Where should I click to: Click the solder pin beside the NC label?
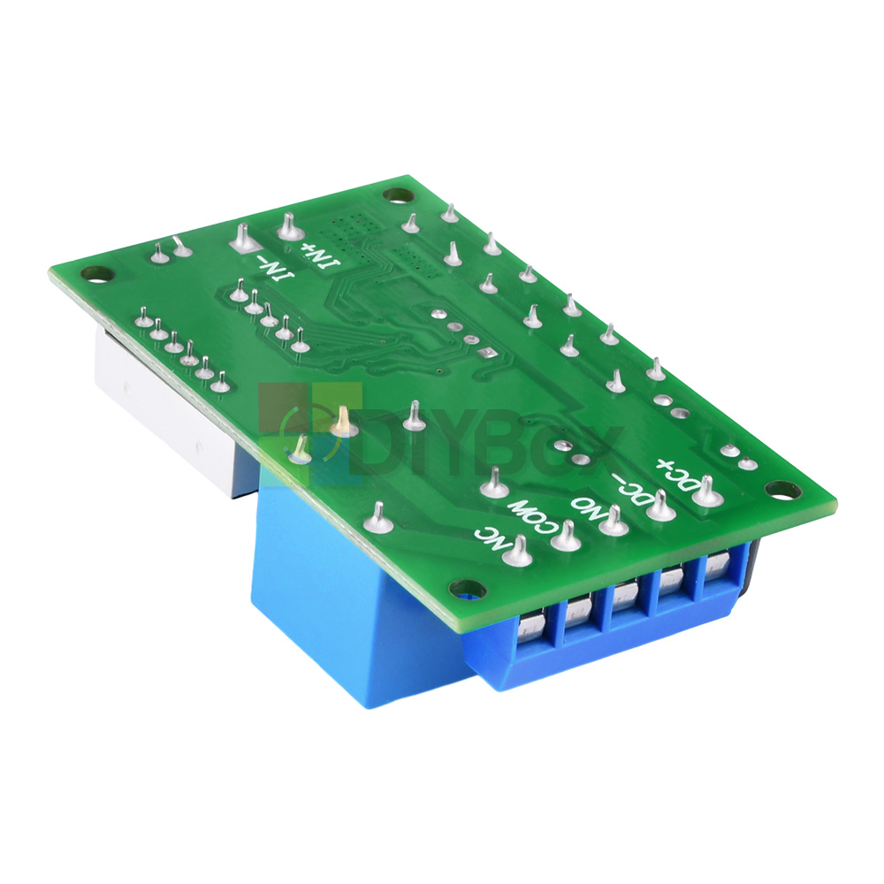point(519,552)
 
